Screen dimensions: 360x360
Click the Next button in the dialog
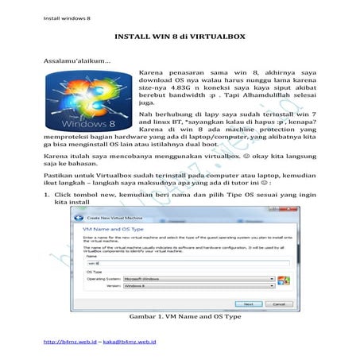click(248, 304)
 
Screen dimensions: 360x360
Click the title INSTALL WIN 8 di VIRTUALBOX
click(180, 37)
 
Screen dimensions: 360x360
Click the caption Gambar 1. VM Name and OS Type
click(179, 317)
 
